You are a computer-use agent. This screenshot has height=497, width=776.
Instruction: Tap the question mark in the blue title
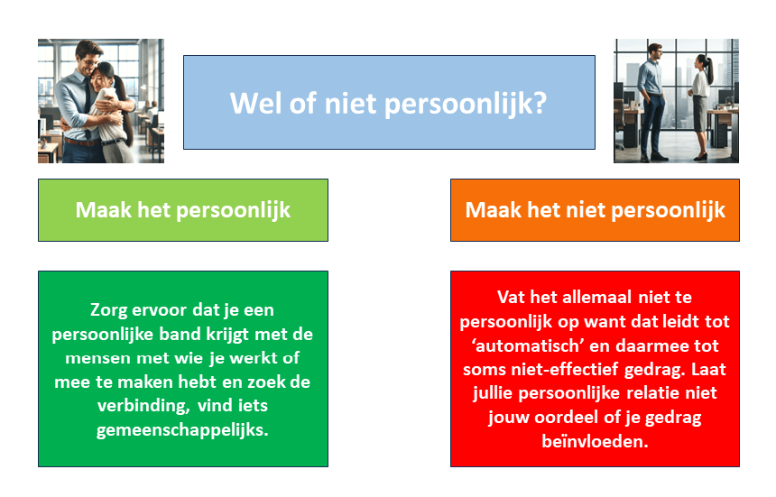[540, 104]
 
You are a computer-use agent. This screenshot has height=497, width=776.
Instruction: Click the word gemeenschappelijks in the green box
[182, 429]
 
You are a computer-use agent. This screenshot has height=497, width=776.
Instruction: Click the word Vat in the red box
[511, 298]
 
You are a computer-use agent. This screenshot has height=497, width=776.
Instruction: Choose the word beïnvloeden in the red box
[595, 441]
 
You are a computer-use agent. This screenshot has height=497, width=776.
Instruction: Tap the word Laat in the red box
[708, 370]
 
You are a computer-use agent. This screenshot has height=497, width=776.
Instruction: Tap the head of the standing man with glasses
[655, 51]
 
